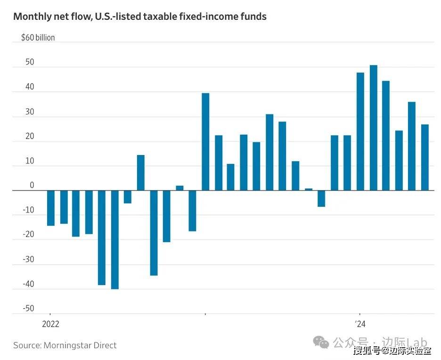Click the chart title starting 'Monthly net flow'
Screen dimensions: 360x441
pos(139,17)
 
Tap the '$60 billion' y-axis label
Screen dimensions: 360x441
pos(38,38)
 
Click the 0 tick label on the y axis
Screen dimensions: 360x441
pos(32,185)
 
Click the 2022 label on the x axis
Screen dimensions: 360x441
pos(50,324)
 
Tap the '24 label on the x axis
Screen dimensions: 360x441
pos(360,324)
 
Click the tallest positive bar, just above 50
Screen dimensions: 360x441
pos(373,128)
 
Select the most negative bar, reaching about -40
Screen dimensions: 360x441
pos(114,240)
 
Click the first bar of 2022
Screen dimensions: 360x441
pos(50,208)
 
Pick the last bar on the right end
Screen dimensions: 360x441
pos(425,157)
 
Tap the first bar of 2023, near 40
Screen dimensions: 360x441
pos(205,142)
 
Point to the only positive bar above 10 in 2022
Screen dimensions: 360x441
pos(140,172)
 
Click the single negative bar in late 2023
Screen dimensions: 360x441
pos(321,198)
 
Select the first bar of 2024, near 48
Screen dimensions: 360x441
pos(360,131)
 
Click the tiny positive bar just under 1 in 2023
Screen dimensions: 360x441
pos(309,189)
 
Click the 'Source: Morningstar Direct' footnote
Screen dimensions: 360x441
pos(65,345)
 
